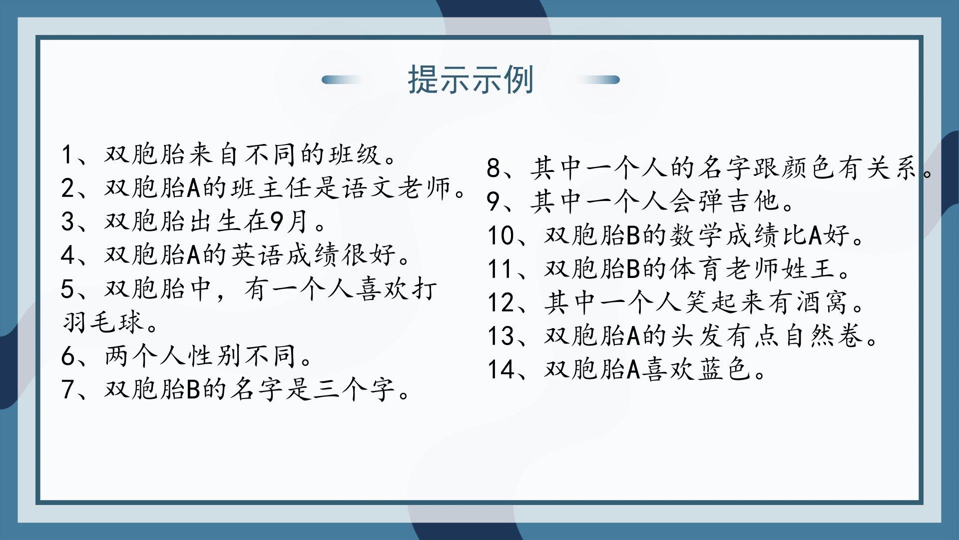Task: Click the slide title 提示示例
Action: [471, 80]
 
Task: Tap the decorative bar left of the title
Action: [343, 80]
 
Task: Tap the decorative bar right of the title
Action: [599, 80]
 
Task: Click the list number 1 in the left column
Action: [67, 154]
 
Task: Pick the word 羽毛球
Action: [103, 322]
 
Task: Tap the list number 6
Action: [67, 356]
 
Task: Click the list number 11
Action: [499, 268]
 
